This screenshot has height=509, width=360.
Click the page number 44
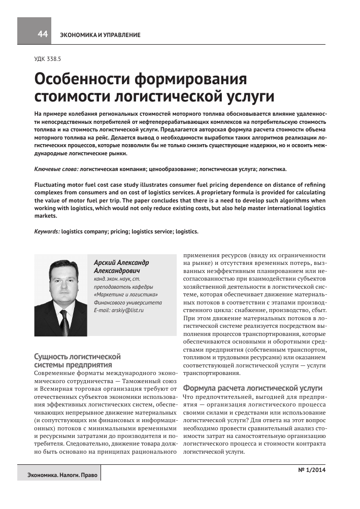pyautogui.click(x=42, y=34)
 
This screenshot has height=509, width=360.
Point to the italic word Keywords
pyautogui.click(x=47, y=231)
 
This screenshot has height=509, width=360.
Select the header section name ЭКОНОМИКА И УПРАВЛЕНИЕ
pyautogui.click(x=101, y=35)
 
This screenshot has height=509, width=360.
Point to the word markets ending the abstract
pyautogui.click(x=45, y=216)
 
